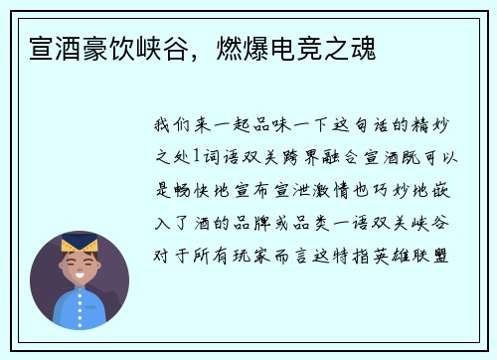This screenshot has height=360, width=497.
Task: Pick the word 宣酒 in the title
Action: [x=55, y=48]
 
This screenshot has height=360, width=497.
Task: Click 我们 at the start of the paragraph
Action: [x=175, y=126]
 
